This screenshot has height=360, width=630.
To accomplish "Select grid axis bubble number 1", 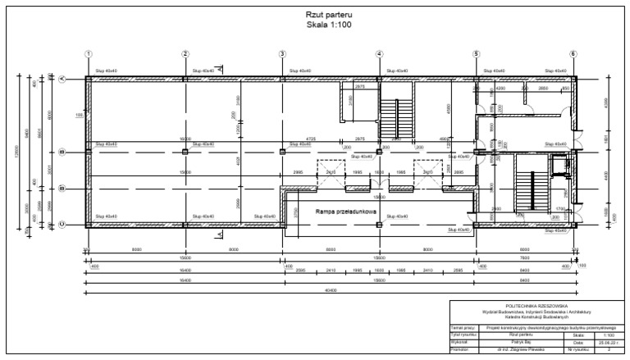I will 88,54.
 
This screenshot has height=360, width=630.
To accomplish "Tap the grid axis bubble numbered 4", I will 379,54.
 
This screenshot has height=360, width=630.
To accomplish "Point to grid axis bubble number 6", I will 573,54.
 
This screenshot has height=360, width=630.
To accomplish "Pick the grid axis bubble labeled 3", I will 282,54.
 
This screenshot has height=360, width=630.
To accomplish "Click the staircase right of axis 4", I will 393,116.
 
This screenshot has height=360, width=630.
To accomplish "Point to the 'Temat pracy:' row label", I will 464,328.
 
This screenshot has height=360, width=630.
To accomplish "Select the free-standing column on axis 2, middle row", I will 185,152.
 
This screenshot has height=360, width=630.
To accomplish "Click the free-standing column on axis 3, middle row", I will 282,152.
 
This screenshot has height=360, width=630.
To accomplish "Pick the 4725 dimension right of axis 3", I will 311,139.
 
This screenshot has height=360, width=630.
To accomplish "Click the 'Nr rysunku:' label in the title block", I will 579,349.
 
